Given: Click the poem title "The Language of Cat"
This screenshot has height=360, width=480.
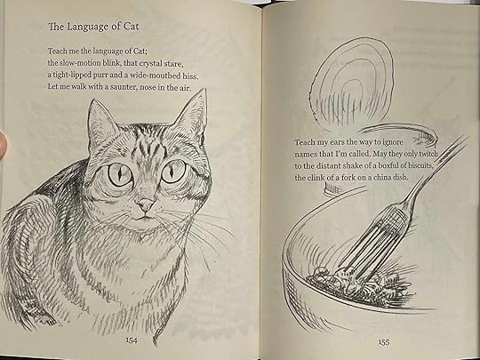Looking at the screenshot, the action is (x=93, y=27).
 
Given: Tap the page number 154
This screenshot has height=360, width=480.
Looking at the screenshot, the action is (x=132, y=340).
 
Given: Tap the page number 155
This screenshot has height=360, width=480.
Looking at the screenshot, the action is (x=384, y=342).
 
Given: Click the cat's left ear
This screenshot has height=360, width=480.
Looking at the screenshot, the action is (x=100, y=123).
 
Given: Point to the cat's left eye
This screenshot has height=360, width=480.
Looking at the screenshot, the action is (x=120, y=175).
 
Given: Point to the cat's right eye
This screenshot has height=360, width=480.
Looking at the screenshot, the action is (x=173, y=172).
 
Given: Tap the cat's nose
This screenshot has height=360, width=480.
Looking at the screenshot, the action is (x=146, y=204).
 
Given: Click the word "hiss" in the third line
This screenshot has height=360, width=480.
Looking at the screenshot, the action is (x=190, y=76).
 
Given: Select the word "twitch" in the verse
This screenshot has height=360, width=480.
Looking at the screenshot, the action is (x=428, y=154).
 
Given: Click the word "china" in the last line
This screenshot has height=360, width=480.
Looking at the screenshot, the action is (x=380, y=177).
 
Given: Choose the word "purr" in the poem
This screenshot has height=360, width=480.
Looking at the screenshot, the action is (x=100, y=76).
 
